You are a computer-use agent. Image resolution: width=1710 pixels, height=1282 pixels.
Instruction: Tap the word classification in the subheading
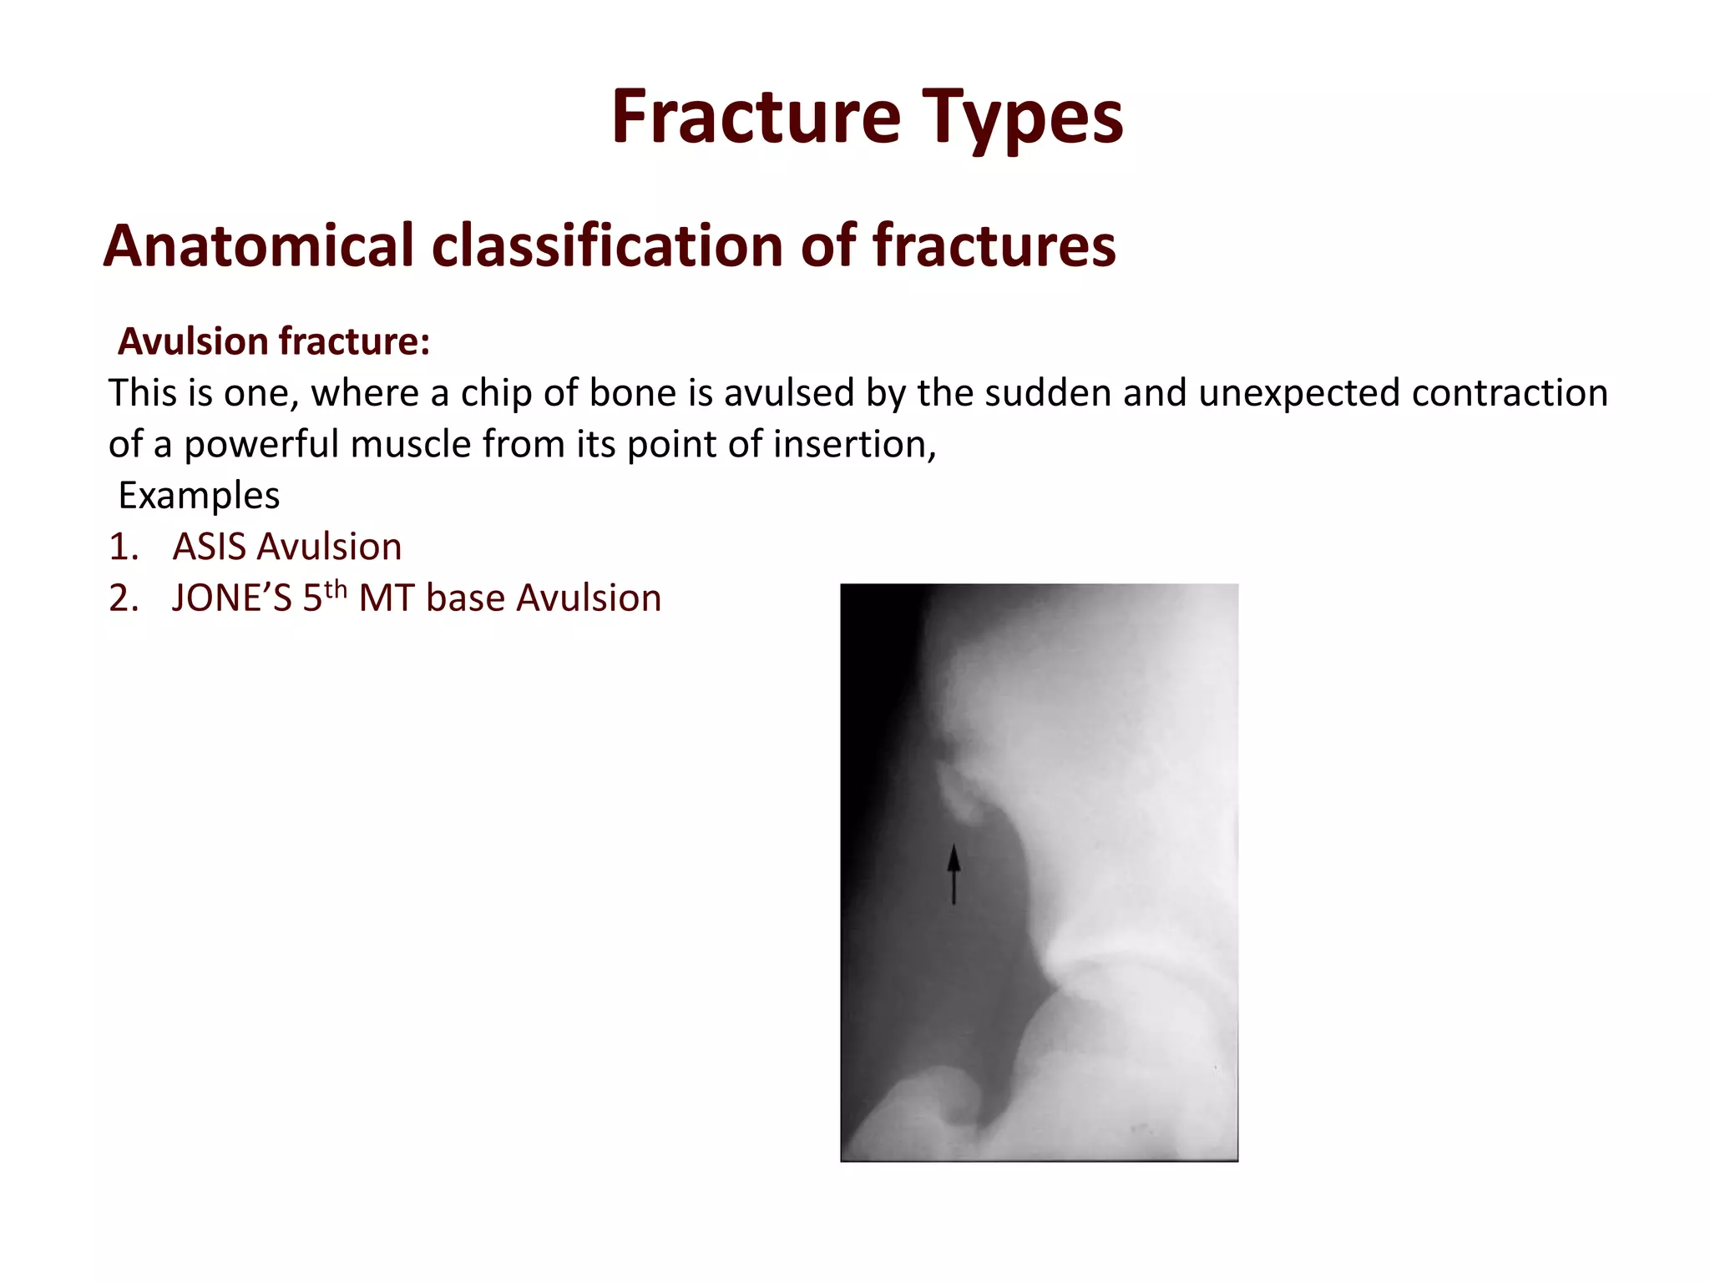607,246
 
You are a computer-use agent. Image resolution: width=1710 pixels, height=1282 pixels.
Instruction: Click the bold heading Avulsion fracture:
274,341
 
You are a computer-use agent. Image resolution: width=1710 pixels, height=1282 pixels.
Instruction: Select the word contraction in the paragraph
1510,393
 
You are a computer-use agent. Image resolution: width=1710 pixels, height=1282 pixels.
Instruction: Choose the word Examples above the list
199,496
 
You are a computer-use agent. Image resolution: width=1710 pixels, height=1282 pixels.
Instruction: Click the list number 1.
123,547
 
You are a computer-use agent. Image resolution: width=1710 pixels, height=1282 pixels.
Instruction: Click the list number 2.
123,598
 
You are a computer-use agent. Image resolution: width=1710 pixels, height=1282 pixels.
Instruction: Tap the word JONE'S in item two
231,598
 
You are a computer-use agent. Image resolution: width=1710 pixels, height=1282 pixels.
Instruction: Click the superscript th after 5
336,590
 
